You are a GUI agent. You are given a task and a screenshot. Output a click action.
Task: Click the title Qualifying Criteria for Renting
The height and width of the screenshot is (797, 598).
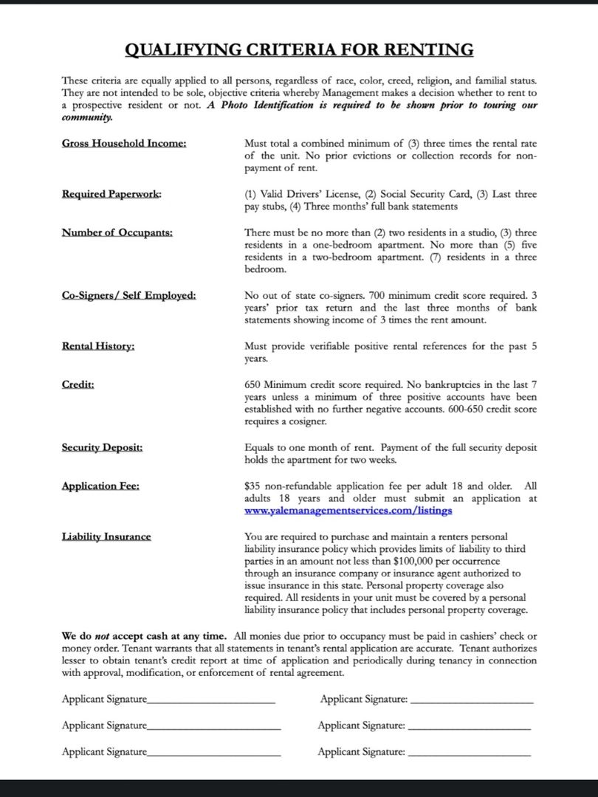[299, 50]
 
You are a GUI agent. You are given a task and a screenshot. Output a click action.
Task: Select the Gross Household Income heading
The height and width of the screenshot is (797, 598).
[124, 143]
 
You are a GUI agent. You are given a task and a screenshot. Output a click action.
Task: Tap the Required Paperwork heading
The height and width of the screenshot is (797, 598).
[111, 194]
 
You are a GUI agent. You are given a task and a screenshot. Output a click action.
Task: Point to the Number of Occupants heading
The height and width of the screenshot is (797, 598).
[117, 232]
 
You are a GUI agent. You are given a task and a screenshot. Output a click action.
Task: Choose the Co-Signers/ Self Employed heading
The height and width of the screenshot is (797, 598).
[129, 295]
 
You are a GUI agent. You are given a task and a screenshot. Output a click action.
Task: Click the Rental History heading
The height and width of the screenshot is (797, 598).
[98, 346]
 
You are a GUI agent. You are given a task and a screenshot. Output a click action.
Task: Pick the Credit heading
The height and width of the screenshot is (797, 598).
[78, 384]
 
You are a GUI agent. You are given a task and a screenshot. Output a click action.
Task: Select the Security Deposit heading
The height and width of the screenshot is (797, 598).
[102, 447]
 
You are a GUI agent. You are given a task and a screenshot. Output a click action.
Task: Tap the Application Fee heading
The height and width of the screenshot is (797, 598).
[100, 486]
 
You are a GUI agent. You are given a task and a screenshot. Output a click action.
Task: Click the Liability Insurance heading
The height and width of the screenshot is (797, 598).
[106, 536]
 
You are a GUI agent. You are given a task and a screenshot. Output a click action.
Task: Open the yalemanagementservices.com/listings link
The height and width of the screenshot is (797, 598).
[348, 511]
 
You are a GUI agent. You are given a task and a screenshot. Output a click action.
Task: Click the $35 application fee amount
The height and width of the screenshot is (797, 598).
[252, 486]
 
